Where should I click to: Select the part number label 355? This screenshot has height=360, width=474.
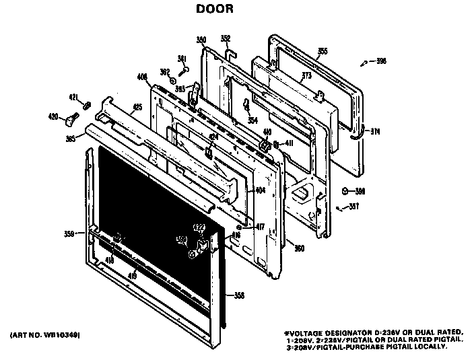coord(323,51)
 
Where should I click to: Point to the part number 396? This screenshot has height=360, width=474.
coord(381,62)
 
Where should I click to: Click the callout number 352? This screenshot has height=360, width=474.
coord(226,38)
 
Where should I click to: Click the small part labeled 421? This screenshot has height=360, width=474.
coord(86,105)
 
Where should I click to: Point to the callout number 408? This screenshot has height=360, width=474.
coord(141,78)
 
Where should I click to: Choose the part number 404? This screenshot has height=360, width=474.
coord(261,191)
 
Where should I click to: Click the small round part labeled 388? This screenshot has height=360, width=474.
coord(345,191)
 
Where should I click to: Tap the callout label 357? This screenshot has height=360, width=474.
coord(353,207)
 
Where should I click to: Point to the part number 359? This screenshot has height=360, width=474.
coord(69,234)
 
